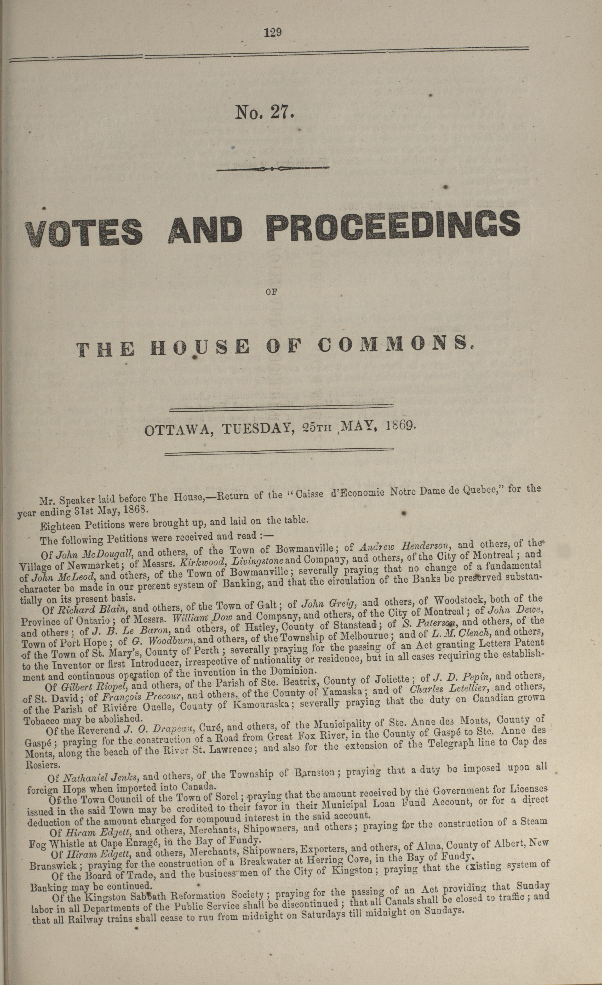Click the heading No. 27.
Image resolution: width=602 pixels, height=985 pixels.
(x=264, y=112)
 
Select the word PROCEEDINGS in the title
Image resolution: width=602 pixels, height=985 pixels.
(x=393, y=226)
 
